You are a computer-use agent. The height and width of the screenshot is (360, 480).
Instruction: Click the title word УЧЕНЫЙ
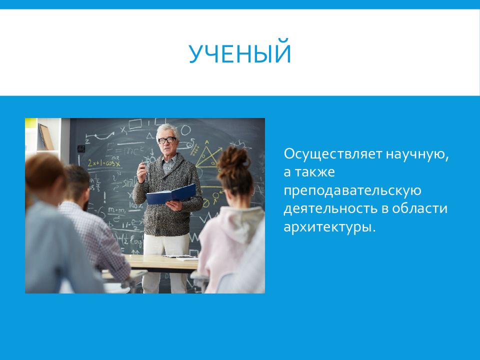pyautogui.click(x=239, y=53)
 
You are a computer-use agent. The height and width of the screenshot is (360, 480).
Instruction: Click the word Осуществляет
pyautogui.click(x=333, y=153)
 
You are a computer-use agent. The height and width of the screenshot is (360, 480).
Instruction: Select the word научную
pyautogui.click(x=417, y=154)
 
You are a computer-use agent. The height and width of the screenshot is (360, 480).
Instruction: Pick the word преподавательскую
pyautogui.click(x=352, y=190)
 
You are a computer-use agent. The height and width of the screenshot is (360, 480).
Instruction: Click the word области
pyautogui.click(x=419, y=208)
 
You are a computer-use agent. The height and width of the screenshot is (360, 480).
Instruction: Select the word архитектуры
pyautogui.click(x=329, y=227)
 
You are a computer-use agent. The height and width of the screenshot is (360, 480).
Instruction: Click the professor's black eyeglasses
pyautogui.click(x=167, y=140)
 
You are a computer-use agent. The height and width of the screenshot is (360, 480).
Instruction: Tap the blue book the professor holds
pyautogui.click(x=171, y=194)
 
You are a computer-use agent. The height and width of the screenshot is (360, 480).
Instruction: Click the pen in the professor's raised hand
pyautogui.click(x=142, y=164)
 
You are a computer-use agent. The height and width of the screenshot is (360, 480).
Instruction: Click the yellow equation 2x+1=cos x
pyautogui.click(x=104, y=163)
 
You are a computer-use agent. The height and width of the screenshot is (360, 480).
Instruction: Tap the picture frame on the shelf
pyautogui.click(x=46, y=137)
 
